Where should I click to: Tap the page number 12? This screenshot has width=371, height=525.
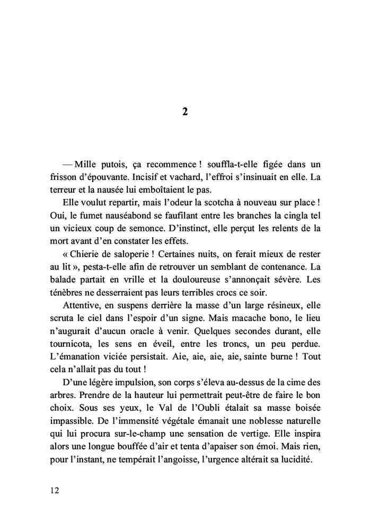(x=54, y=490)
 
